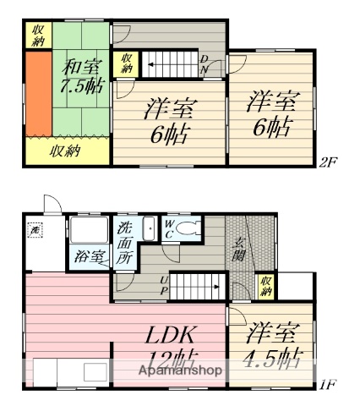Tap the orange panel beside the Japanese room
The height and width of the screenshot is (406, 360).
point(36,93)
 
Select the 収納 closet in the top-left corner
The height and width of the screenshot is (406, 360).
point(38,35)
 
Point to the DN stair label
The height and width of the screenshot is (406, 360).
point(205,64)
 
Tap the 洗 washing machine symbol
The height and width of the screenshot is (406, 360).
point(35,229)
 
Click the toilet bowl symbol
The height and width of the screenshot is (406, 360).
point(191,228)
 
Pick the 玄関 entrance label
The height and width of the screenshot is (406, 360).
point(239,253)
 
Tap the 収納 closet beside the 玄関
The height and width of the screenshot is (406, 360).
point(266,287)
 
